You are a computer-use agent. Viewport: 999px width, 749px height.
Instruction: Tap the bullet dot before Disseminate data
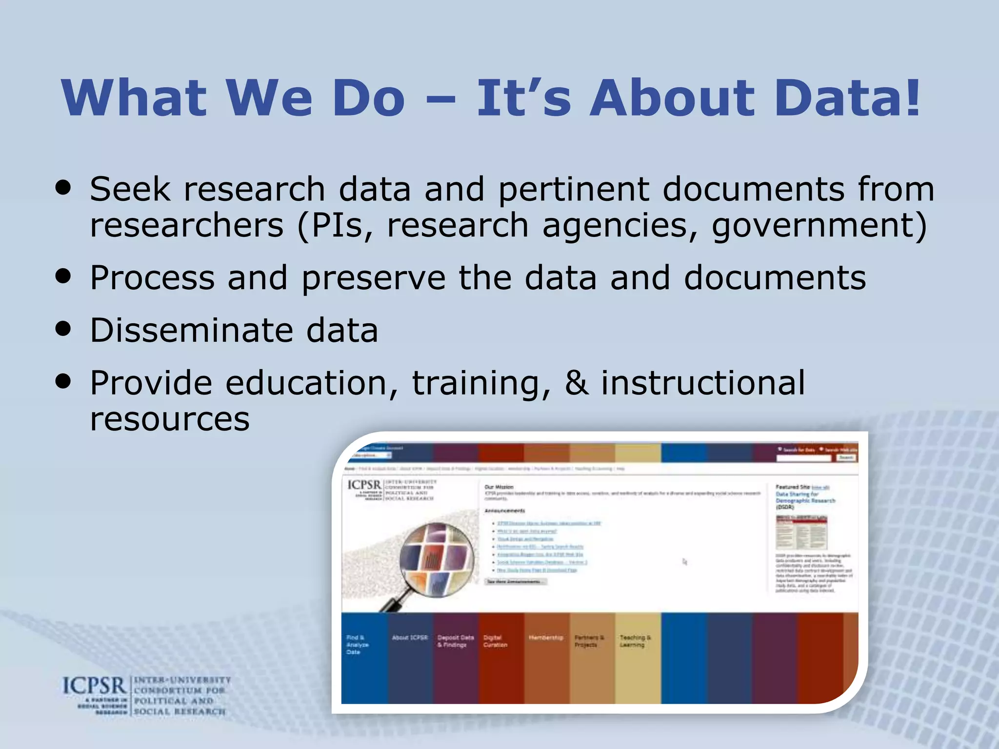coord(63,328)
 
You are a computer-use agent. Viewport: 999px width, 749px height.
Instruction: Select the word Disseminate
coord(192,330)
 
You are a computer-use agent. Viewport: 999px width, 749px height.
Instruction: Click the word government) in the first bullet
coord(819,226)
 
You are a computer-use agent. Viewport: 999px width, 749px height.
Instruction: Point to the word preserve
coord(373,278)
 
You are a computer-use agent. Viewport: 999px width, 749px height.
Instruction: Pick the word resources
coord(170,419)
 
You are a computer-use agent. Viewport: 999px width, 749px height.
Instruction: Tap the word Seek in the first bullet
coord(130,189)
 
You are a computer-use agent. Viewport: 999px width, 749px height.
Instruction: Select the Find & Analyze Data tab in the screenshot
coord(358,645)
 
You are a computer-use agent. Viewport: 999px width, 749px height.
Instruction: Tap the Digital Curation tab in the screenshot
coord(495,641)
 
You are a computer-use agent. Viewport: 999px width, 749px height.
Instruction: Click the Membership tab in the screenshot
coord(546,638)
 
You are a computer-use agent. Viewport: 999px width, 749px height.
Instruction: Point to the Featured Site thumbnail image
coord(801,532)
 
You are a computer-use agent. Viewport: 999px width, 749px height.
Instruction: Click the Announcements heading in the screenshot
coord(504,511)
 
